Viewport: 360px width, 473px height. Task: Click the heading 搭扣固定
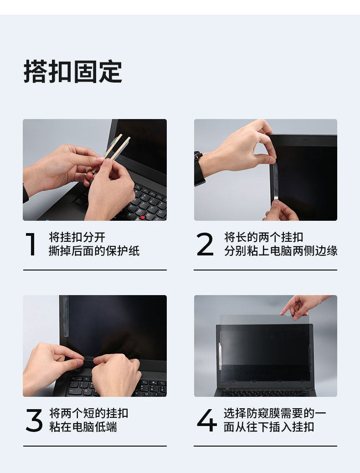(72, 72)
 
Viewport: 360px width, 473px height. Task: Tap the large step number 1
(31, 244)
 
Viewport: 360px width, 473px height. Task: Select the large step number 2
(205, 244)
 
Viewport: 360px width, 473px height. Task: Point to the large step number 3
(34, 420)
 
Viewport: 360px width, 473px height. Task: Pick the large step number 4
(207, 420)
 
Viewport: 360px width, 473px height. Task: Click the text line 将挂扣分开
(77, 237)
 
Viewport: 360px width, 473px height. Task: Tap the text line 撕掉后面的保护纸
(94, 251)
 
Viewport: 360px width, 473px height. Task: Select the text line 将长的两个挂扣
(263, 237)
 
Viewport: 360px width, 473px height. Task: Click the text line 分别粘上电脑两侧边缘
(280, 251)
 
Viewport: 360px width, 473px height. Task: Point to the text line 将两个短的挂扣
(89, 413)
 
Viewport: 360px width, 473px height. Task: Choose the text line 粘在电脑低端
(83, 427)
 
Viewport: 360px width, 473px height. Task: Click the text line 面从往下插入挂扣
(269, 427)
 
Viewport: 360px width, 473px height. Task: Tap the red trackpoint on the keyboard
(143, 217)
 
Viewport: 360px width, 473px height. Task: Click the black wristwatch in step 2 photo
(199, 168)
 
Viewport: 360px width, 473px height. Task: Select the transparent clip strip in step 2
(274, 183)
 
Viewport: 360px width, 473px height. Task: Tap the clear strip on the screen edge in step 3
(65, 316)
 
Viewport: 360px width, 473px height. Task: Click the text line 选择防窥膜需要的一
(275, 413)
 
